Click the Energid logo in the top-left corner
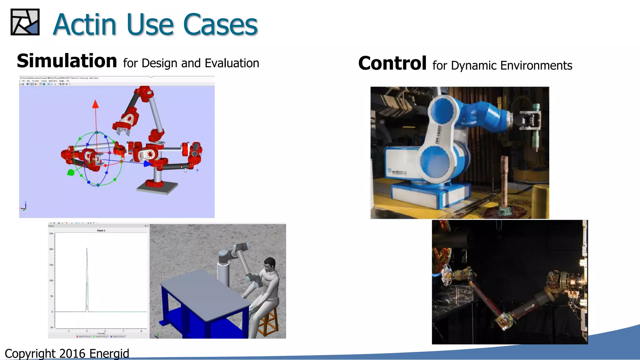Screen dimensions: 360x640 pos(25,22)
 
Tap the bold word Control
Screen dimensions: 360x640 pos(392,63)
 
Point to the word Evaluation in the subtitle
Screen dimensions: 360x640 pos(232,63)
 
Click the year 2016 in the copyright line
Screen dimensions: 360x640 pos(72,353)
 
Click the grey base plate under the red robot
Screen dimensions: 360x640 pos(157,188)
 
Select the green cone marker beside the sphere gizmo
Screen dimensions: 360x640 pos(71,172)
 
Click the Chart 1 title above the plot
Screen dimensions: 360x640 pos(101,231)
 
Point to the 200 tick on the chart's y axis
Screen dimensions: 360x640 pos(51,249)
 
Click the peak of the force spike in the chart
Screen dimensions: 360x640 pos(87,248)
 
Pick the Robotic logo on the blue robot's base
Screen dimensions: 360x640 pos(397,172)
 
